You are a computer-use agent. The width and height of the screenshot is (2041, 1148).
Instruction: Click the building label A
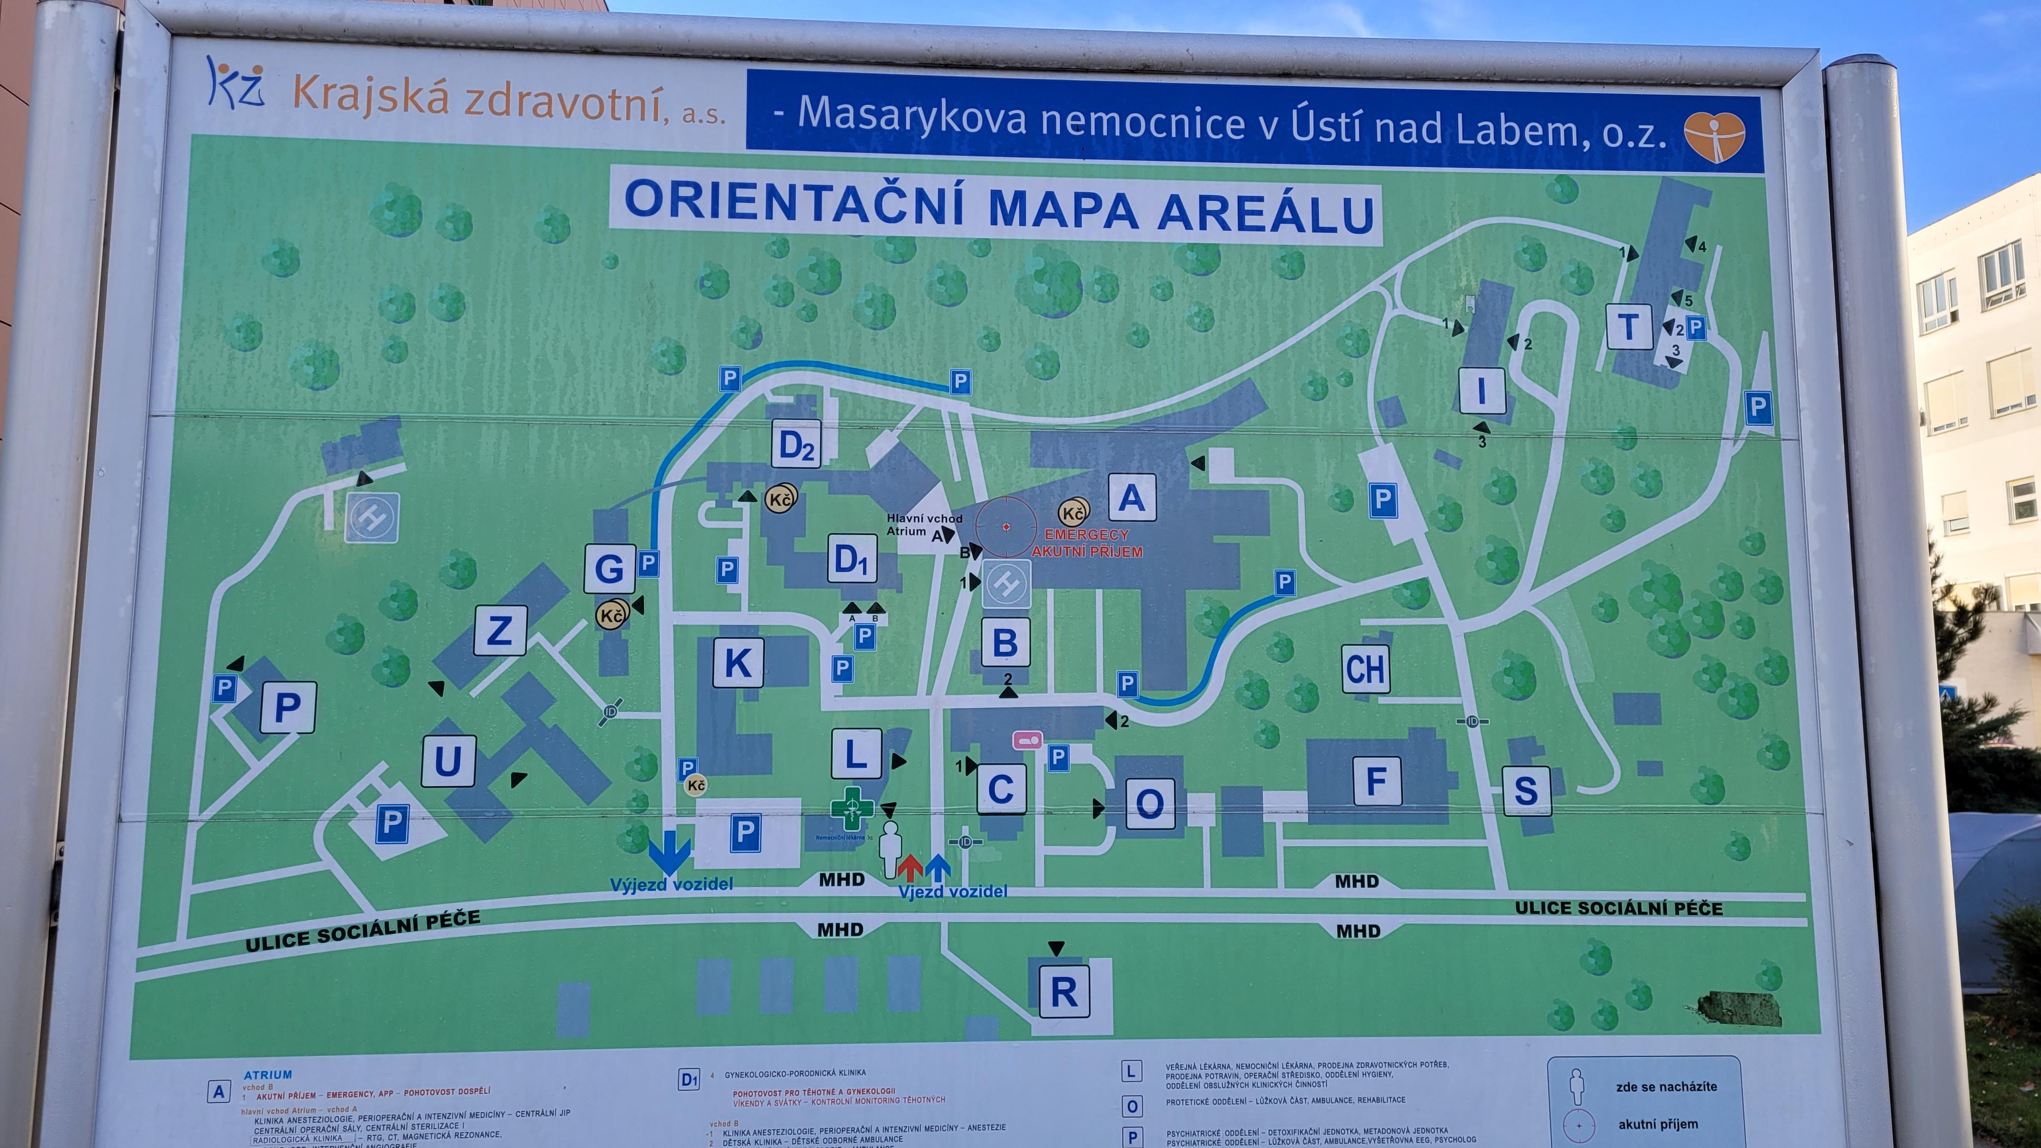pyautogui.click(x=1131, y=497)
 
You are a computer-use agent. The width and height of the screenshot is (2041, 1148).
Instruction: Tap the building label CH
pyautogui.click(x=1365, y=669)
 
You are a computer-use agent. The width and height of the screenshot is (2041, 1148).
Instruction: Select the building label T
pyautogui.click(x=1628, y=327)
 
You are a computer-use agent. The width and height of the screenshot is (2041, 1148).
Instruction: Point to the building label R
pyautogui.click(x=1063, y=991)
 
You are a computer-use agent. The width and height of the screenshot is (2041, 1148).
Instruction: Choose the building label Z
pyautogui.click(x=500, y=631)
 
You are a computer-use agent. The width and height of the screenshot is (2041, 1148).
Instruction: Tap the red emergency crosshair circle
pyautogui.click(x=1005, y=526)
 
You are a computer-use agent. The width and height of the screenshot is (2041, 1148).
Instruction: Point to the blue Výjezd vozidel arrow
pyautogui.click(x=669, y=852)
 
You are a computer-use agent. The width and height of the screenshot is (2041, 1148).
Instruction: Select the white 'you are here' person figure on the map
pyautogui.click(x=890, y=847)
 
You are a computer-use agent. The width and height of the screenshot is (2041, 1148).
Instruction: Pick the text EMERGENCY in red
pyautogui.click(x=1086, y=535)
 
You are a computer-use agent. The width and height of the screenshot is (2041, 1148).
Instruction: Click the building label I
pyautogui.click(x=1482, y=390)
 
